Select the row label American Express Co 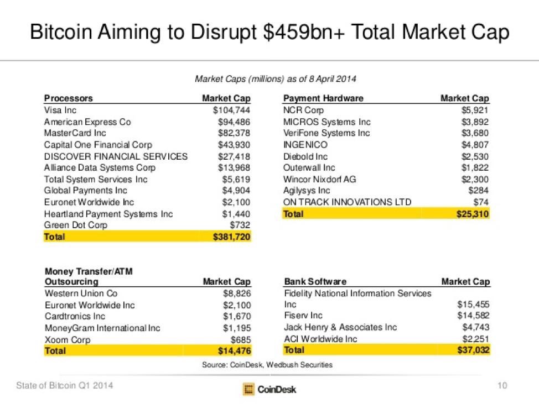pyautogui.click(x=87, y=122)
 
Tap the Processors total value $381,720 pyautogui.click(x=231, y=237)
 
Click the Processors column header pyautogui.click(x=69, y=98)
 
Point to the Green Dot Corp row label pyautogui.click(x=76, y=225)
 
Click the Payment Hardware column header pyautogui.click(x=323, y=98)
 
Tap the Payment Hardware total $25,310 pyautogui.click(x=472, y=214)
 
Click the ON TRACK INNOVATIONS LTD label pyautogui.click(x=347, y=202)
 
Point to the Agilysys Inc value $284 pyautogui.click(x=479, y=191)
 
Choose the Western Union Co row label pyautogui.click(x=81, y=293)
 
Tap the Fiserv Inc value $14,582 pyautogui.click(x=474, y=316)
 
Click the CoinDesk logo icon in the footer pyautogui.click(x=248, y=389)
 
